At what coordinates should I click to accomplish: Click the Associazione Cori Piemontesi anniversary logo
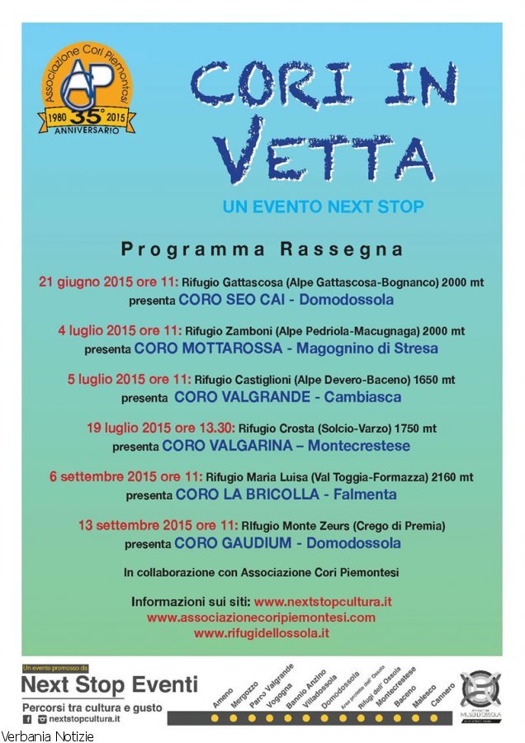(x=87, y=94)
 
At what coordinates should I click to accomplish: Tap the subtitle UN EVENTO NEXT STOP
(x=323, y=207)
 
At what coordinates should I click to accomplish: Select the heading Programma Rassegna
(x=262, y=248)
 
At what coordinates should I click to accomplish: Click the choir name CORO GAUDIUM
(x=234, y=543)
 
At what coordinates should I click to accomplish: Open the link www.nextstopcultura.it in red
(x=323, y=602)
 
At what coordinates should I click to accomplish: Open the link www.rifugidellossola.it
(x=262, y=633)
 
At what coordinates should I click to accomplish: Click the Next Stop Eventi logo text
(x=109, y=684)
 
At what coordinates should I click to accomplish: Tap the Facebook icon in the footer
(x=26, y=719)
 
